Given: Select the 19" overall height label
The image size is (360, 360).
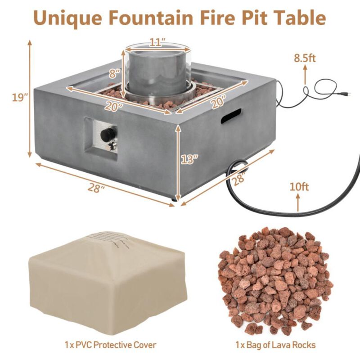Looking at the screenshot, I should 20,98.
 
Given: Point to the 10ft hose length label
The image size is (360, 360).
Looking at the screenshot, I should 299,186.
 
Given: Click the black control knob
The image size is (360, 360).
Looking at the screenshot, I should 108,134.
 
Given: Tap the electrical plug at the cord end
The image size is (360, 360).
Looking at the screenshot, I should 346,94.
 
